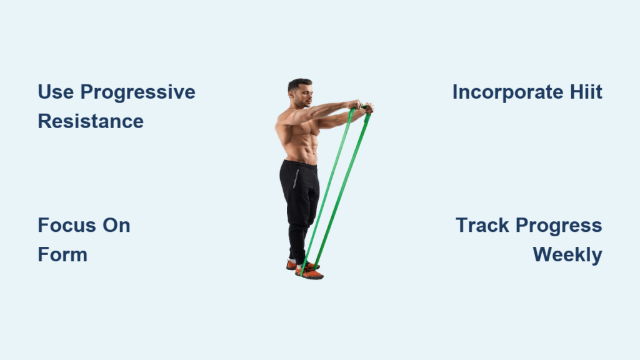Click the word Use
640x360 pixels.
(x=56, y=92)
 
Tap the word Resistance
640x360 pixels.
(x=91, y=121)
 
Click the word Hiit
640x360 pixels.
(x=586, y=92)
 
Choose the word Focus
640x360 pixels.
(x=66, y=225)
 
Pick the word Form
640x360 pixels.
(x=62, y=255)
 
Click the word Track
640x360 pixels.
(x=482, y=225)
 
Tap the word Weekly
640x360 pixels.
(x=567, y=256)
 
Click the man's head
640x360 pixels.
(x=301, y=92)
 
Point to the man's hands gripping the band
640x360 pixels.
(x=361, y=106)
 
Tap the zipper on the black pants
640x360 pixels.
(x=296, y=179)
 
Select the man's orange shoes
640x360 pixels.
(x=305, y=270)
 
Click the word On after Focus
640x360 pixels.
(x=116, y=225)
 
